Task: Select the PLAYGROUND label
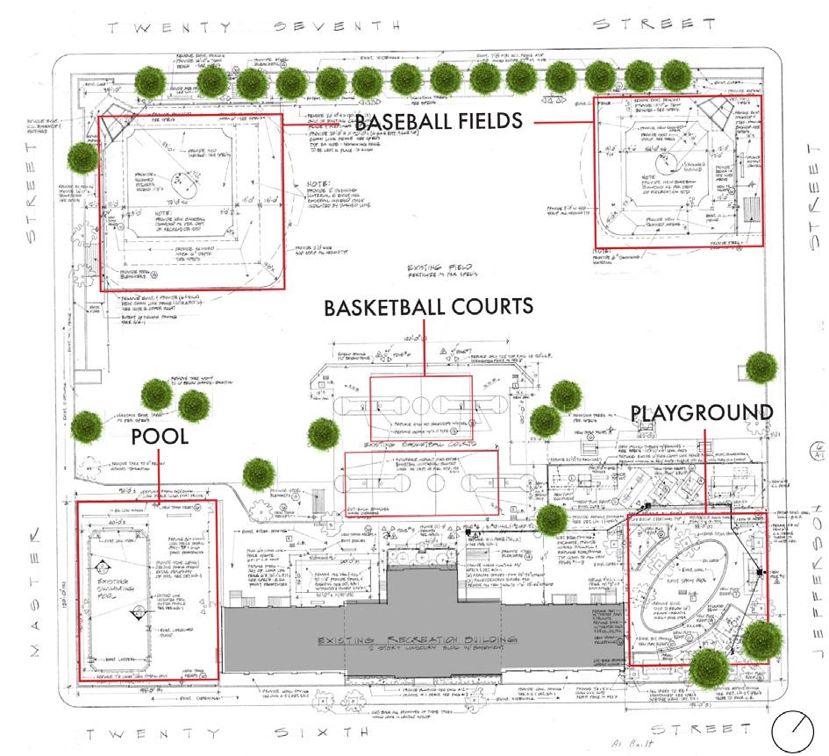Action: point(702,412)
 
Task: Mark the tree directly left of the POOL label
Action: point(88,427)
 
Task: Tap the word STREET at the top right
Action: point(647,24)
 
